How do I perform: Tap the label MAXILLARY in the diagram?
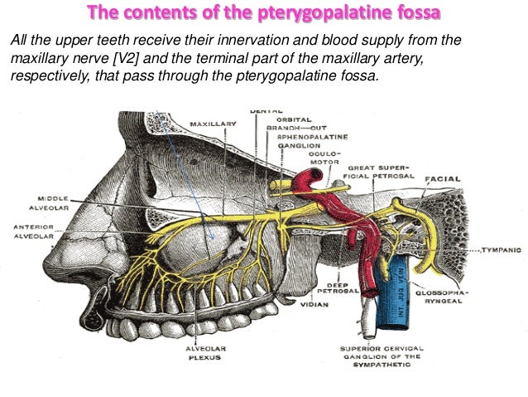coord(213,123)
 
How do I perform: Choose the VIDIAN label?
coord(315,305)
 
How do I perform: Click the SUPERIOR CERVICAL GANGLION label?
coord(382,354)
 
